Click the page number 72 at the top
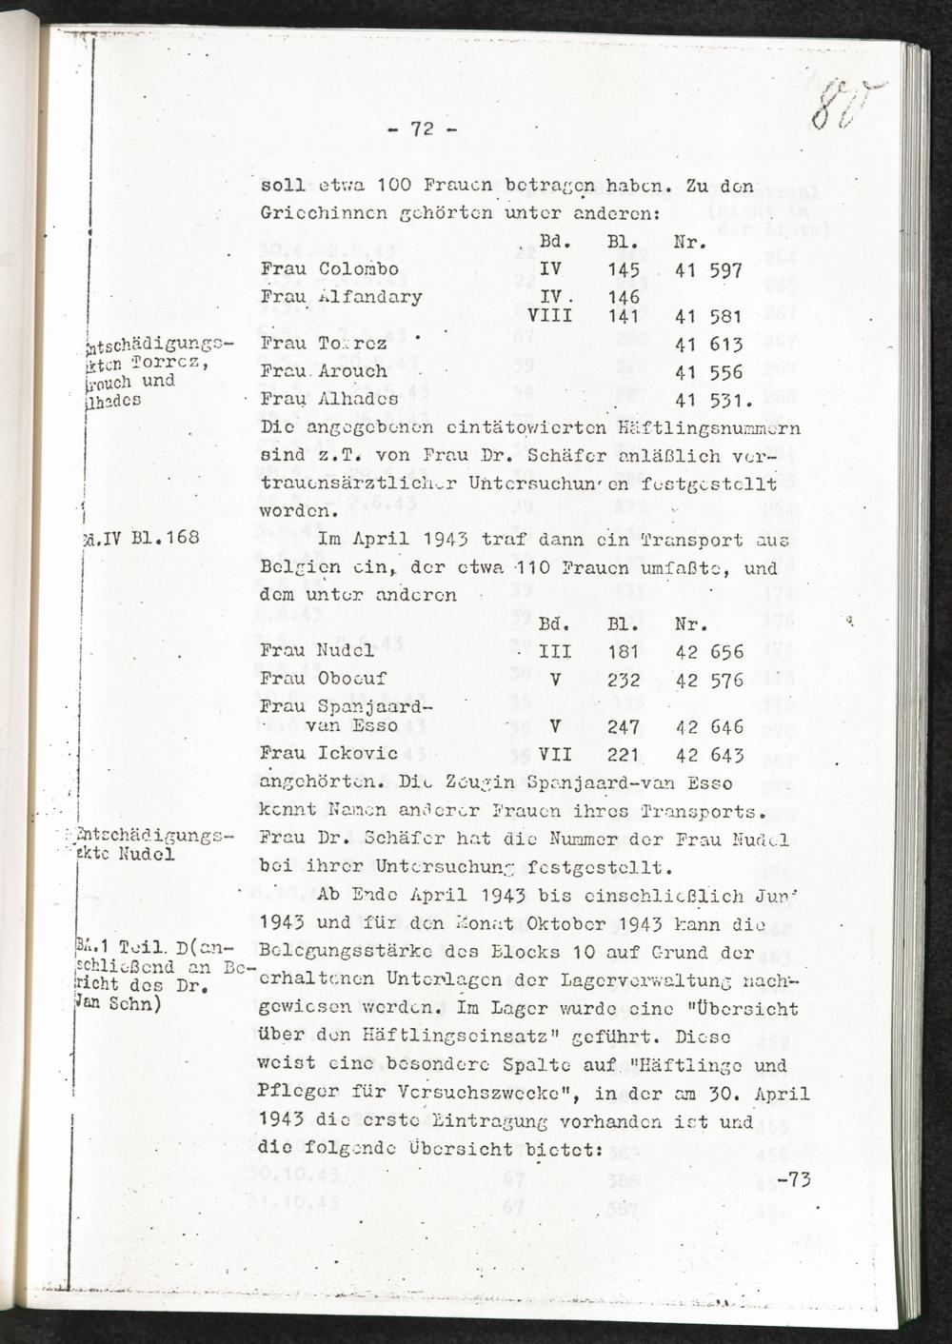[x=423, y=130]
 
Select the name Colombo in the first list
[x=358, y=269]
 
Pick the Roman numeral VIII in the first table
[x=550, y=315]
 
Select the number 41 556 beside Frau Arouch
[x=707, y=371]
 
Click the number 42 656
[x=709, y=653]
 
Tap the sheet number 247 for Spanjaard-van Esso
[x=623, y=727]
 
